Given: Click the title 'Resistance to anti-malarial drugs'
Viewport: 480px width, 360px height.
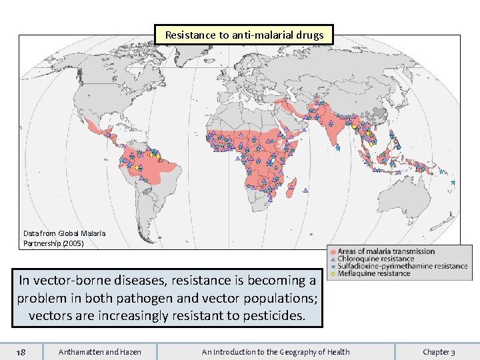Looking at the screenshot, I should pyautogui.click(x=244, y=35).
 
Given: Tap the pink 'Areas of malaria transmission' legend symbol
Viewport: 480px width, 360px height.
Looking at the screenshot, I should pyautogui.click(x=333, y=252).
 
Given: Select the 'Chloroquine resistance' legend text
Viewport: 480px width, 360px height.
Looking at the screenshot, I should pyautogui.click(x=375, y=259).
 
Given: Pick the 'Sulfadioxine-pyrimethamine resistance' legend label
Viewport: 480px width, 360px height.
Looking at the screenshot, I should pyautogui.click(x=403, y=266).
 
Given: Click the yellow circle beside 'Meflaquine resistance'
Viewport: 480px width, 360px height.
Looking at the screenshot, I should pyautogui.click(x=333, y=274).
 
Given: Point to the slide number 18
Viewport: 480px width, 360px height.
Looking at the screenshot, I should pyautogui.click(x=21, y=351).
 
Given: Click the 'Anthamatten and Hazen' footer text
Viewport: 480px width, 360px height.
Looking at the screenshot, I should pyautogui.click(x=100, y=351).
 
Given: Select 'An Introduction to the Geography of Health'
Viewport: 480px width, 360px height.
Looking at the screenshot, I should pyautogui.click(x=276, y=351).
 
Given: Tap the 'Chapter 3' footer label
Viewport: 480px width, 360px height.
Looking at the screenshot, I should pyautogui.click(x=439, y=351).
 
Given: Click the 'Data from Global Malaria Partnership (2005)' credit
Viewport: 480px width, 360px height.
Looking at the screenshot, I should pyautogui.click(x=64, y=238).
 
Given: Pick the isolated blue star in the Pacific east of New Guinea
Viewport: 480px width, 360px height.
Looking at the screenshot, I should pyautogui.click(x=453, y=182).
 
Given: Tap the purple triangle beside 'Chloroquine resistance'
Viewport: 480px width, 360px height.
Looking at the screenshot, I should pyautogui.click(x=333, y=259).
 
